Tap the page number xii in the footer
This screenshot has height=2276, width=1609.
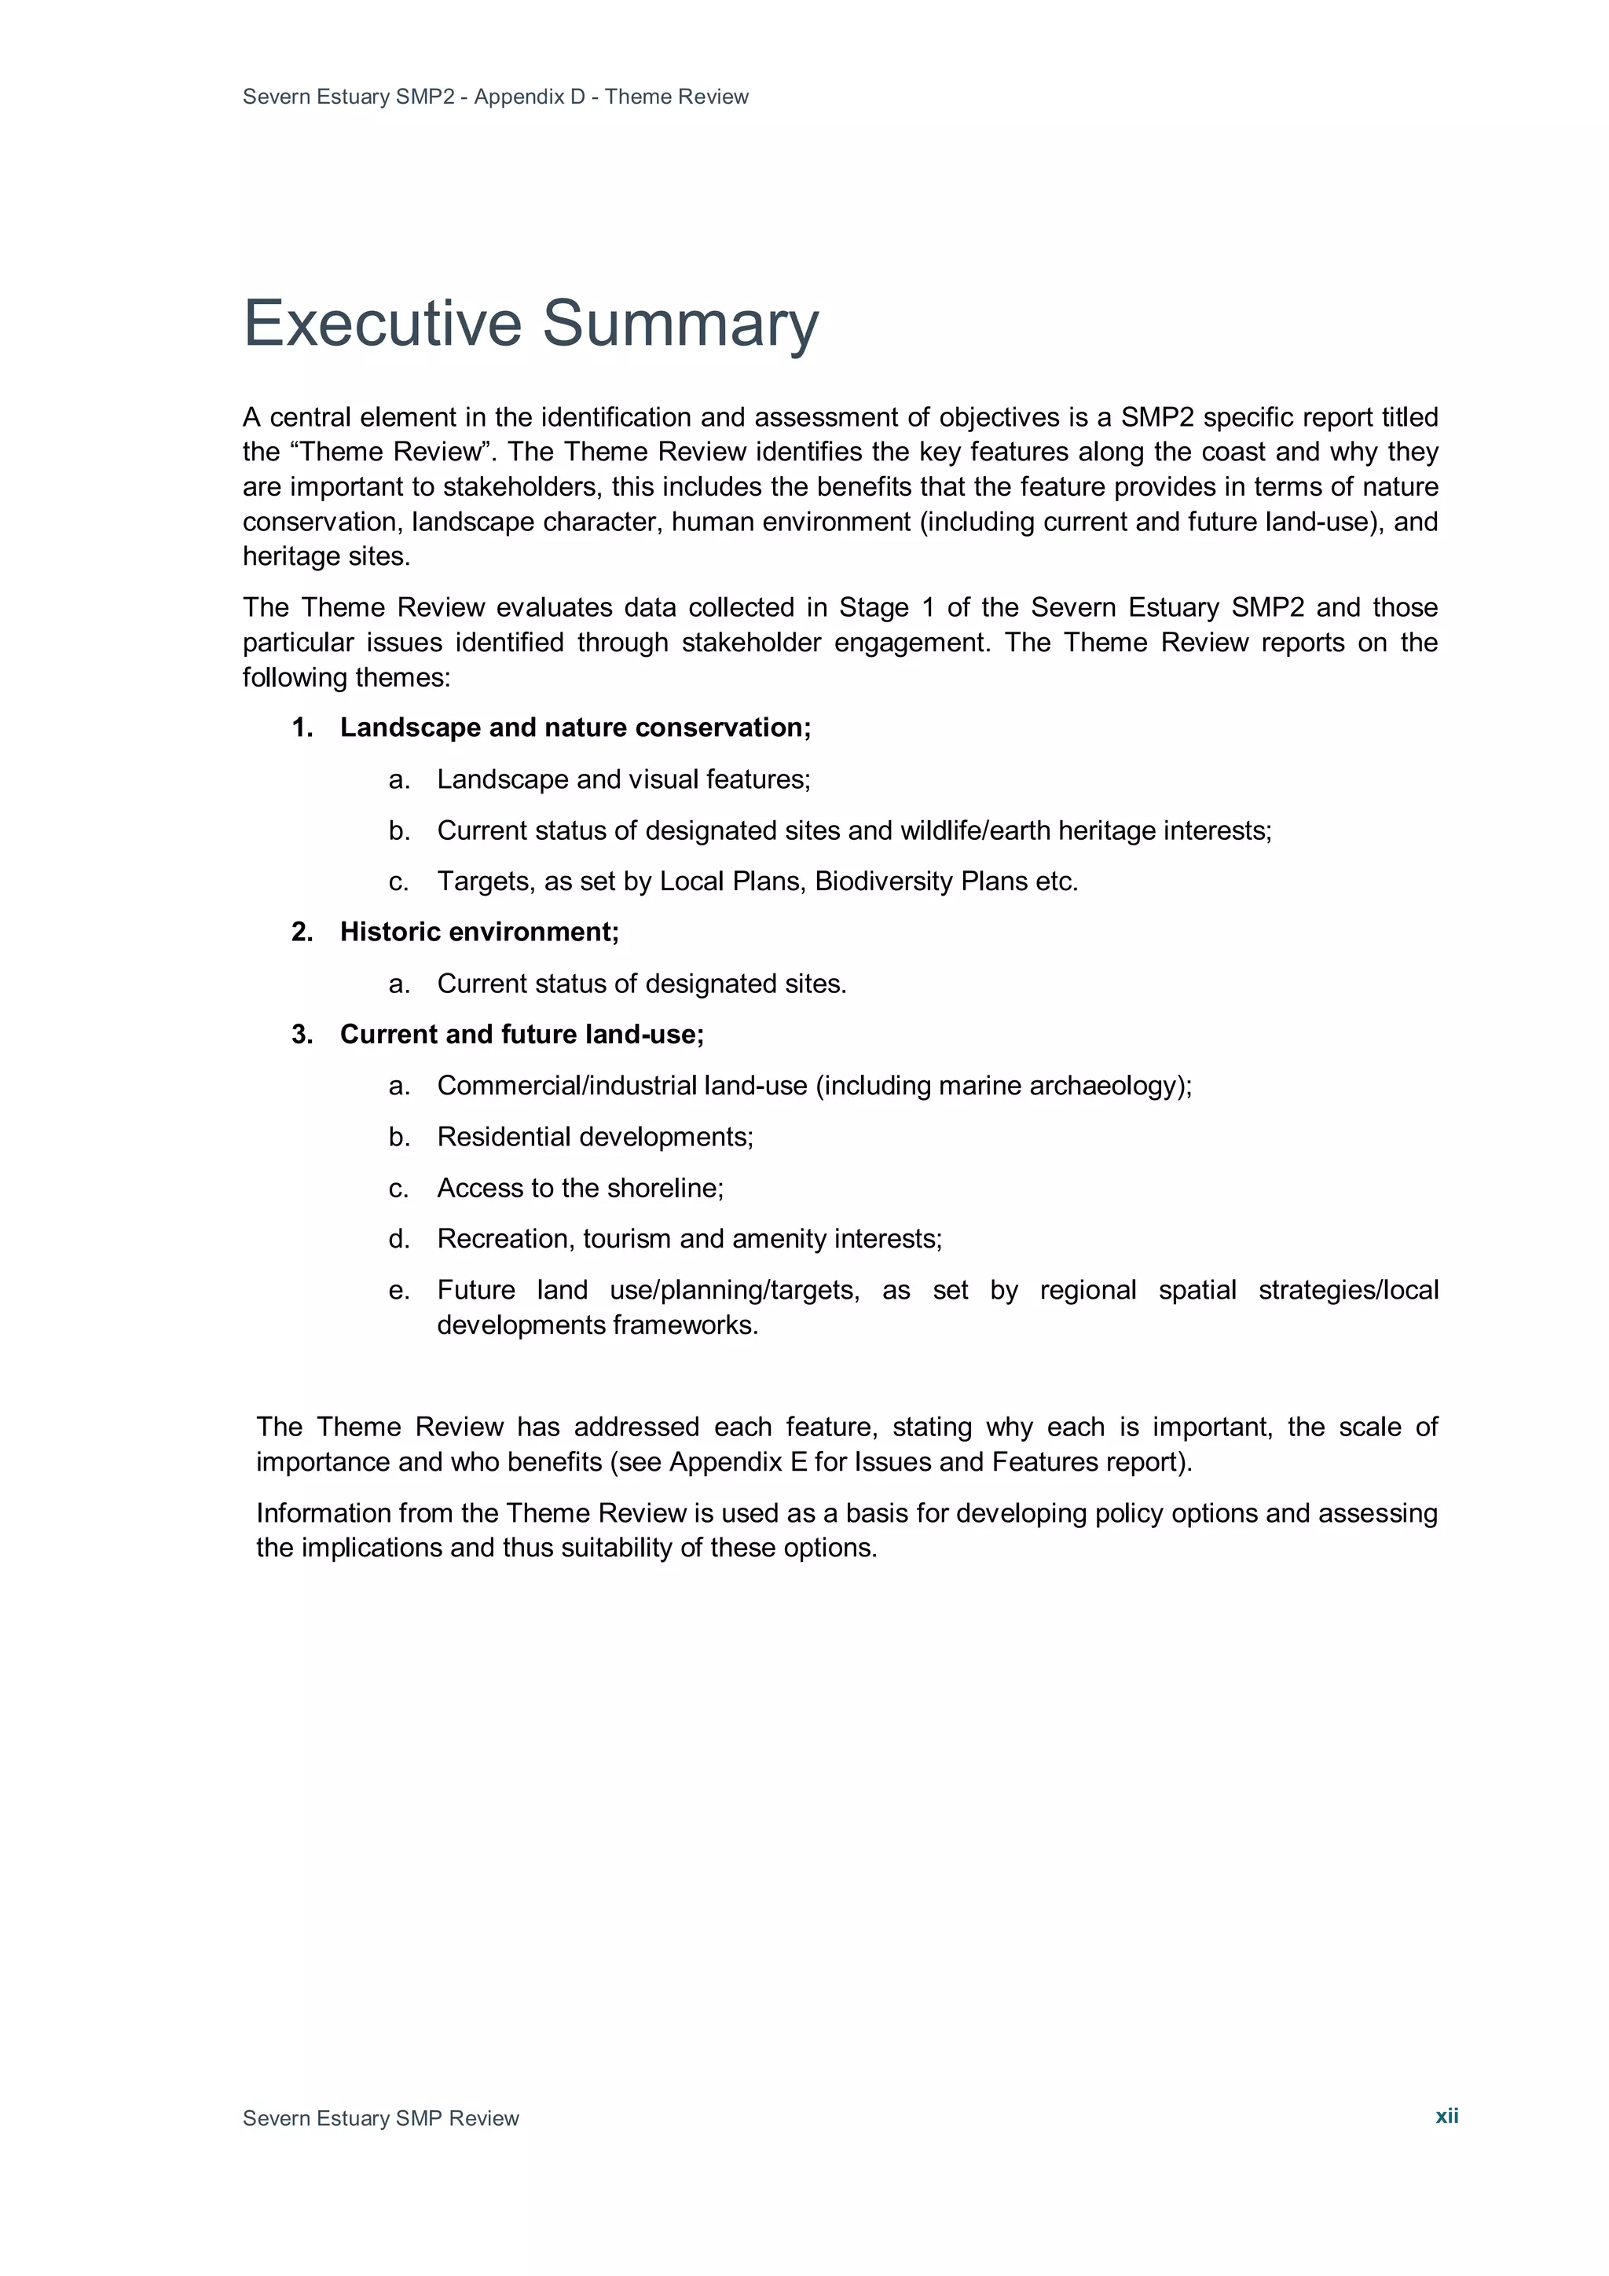click(x=1446, y=2116)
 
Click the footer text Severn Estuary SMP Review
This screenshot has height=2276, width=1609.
click(x=381, y=2118)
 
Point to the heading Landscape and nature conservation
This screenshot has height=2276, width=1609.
click(x=575, y=728)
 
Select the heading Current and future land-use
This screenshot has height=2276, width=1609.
click(x=522, y=1034)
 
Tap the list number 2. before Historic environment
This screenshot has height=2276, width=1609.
click(x=302, y=932)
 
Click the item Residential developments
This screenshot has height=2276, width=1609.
click(x=595, y=1137)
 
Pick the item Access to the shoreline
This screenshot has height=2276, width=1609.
click(x=580, y=1188)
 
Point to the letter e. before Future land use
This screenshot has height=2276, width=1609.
click(x=398, y=1291)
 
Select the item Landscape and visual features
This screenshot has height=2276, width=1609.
click(x=624, y=779)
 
